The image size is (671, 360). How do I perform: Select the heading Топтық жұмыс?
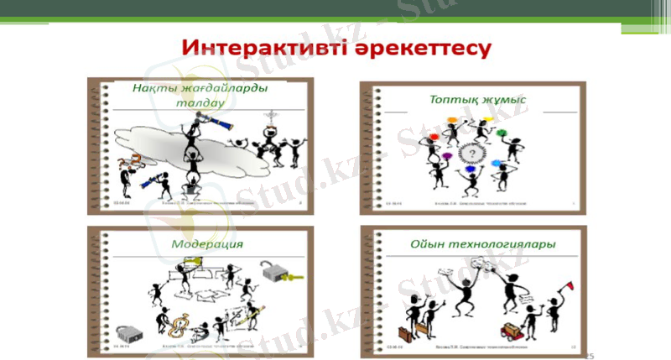(477, 100)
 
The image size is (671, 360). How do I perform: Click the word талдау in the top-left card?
(199, 104)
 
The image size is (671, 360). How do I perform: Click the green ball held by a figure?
(501, 133)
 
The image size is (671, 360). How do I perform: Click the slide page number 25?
(587, 356)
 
